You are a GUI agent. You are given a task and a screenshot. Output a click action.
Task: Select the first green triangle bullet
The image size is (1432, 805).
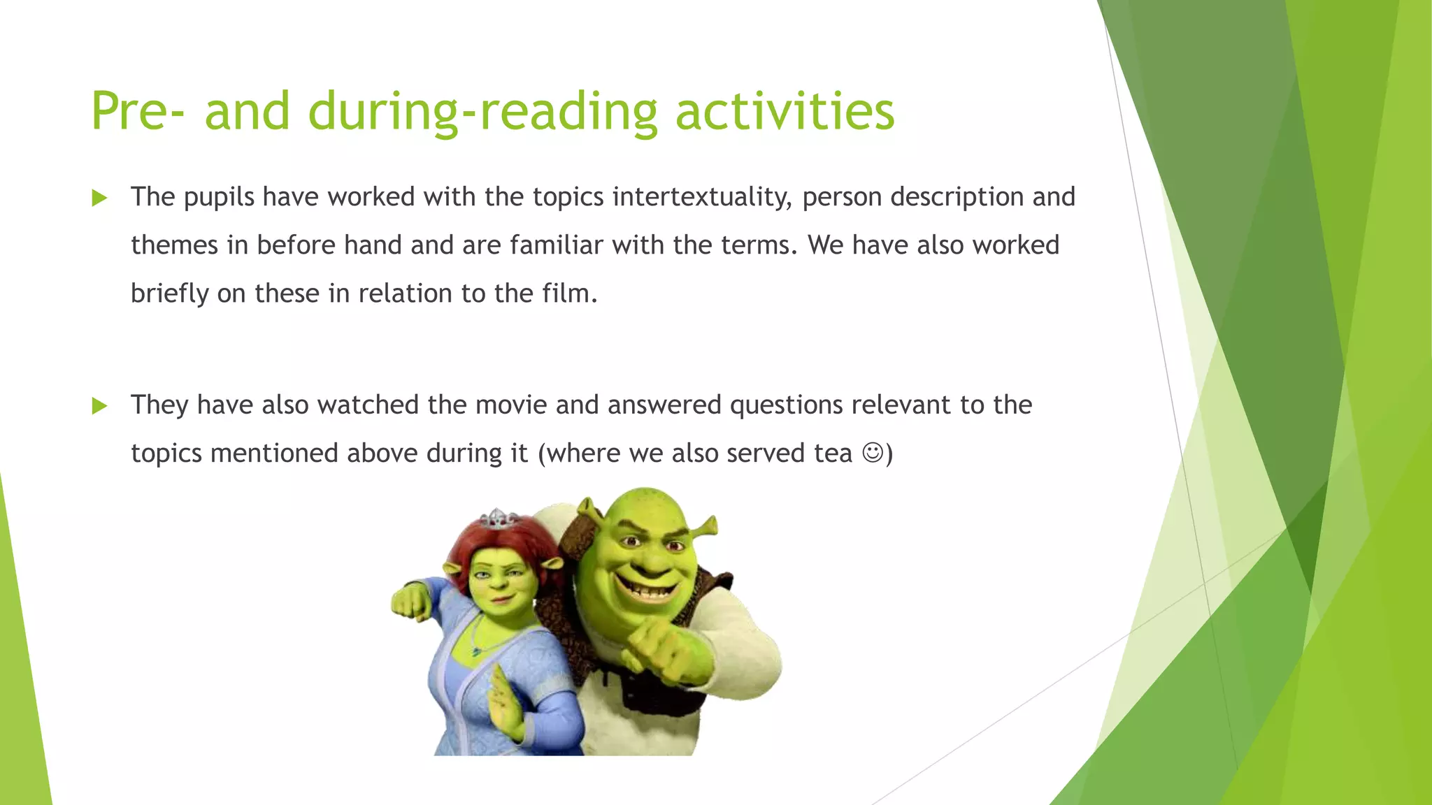(x=99, y=198)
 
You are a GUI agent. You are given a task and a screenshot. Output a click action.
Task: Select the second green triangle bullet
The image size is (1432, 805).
(x=99, y=406)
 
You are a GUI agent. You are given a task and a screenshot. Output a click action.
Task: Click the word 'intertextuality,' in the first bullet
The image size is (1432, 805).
(x=702, y=197)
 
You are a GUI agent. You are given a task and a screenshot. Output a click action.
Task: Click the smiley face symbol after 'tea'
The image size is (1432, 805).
(x=872, y=453)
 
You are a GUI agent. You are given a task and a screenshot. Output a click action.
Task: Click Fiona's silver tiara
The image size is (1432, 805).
(x=498, y=519)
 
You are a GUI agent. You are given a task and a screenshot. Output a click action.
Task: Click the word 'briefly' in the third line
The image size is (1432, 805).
(x=170, y=293)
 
